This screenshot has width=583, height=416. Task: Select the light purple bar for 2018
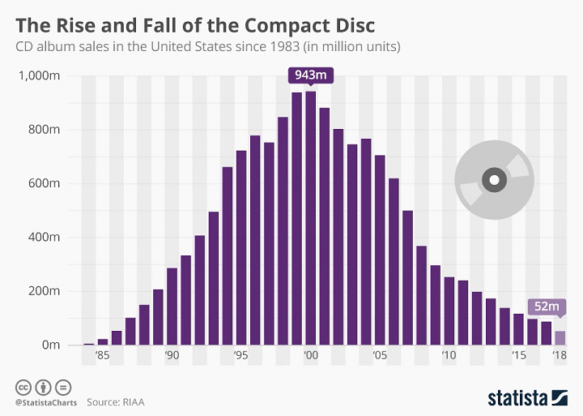click(560, 337)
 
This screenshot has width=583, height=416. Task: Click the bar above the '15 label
click(518, 328)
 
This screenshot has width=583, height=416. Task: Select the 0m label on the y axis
click(53, 345)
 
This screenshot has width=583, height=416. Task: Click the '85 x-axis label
click(102, 355)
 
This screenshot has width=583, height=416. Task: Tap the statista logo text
click(517, 397)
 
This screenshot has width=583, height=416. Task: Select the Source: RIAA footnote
click(119, 401)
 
